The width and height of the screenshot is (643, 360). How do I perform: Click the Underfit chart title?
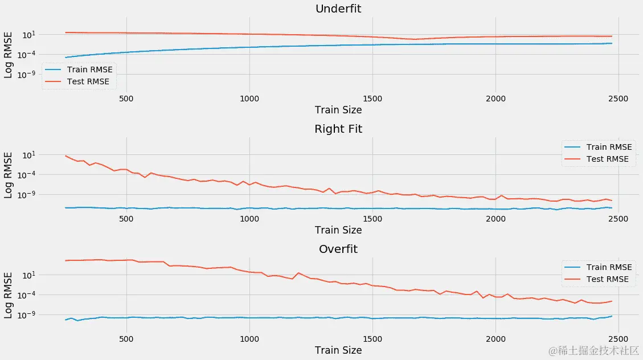338,9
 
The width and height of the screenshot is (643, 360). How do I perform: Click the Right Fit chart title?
338,129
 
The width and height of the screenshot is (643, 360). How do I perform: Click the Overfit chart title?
338,249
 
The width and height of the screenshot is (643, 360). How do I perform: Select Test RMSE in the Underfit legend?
88,81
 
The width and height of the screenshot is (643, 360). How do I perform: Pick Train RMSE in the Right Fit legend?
609,147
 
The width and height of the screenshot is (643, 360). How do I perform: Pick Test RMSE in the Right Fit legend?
607,159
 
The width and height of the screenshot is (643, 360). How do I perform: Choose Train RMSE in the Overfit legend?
609,267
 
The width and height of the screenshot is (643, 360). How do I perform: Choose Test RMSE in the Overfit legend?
607,279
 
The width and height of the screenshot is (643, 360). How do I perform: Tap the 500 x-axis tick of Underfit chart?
126,99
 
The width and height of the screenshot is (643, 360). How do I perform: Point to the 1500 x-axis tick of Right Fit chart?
372,219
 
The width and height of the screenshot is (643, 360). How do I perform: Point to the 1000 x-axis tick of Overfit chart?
249,339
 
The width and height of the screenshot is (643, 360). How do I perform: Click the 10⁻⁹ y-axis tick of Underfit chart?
27,74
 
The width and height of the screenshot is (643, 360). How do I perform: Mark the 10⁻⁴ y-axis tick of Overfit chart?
27,295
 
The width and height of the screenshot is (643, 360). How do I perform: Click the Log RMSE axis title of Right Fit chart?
9,174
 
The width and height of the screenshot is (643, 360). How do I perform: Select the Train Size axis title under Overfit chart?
338,350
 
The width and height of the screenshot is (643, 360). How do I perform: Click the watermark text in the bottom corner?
593,351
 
